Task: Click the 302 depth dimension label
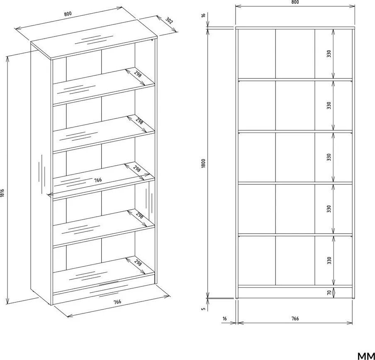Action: pyautogui.click(x=169, y=21)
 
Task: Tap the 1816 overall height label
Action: pyautogui.click(x=2, y=193)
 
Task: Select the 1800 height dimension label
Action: pyautogui.click(x=203, y=163)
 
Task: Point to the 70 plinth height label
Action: pyautogui.click(x=329, y=292)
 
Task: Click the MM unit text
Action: pyautogui.click(x=366, y=356)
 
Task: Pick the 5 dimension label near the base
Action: pyautogui.click(x=203, y=309)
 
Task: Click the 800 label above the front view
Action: pyautogui.click(x=295, y=2)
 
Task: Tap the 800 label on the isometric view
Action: pyautogui.click(x=68, y=14)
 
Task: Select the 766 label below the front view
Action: pyautogui.click(x=295, y=318)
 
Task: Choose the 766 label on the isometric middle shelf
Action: pyautogui.click(x=98, y=180)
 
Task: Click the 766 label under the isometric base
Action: pyautogui.click(x=117, y=301)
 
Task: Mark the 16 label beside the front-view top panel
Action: pyautogui.click(x=203, y=15)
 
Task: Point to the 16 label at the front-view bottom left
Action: pyautogui.click(x=224, y=318)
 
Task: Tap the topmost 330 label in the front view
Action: pyautogui.click(x=329, y=54)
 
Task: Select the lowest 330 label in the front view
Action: pyautogui.click(x=329, y=260)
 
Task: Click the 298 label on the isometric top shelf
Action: pyautogui.click(x=138, y=74)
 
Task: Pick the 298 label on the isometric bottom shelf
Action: pyautogui.click(x=138, y=263)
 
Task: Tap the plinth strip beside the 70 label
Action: pyautogui.click(x=295, y=292)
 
